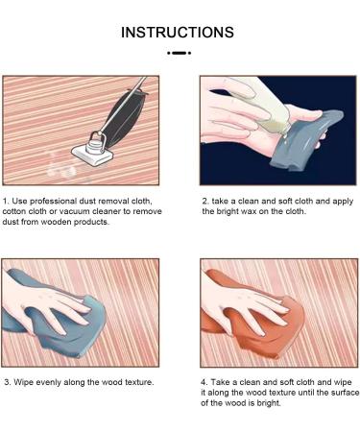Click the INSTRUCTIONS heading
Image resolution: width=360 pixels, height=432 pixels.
pyautogui.click(x=178, y=33)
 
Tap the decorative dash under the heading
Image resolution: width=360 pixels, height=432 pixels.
pyautogui.click(x=179, y=53)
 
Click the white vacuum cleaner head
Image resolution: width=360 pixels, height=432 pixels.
pyautogui.click(x=92, y=155)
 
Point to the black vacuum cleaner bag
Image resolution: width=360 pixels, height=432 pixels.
pyautogui.click(x=128, y=111)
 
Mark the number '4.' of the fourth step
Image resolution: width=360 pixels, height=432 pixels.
pyautogui.click(x=204, y=382)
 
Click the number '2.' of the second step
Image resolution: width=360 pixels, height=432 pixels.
pyautogui.click(x=205, y=202)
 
